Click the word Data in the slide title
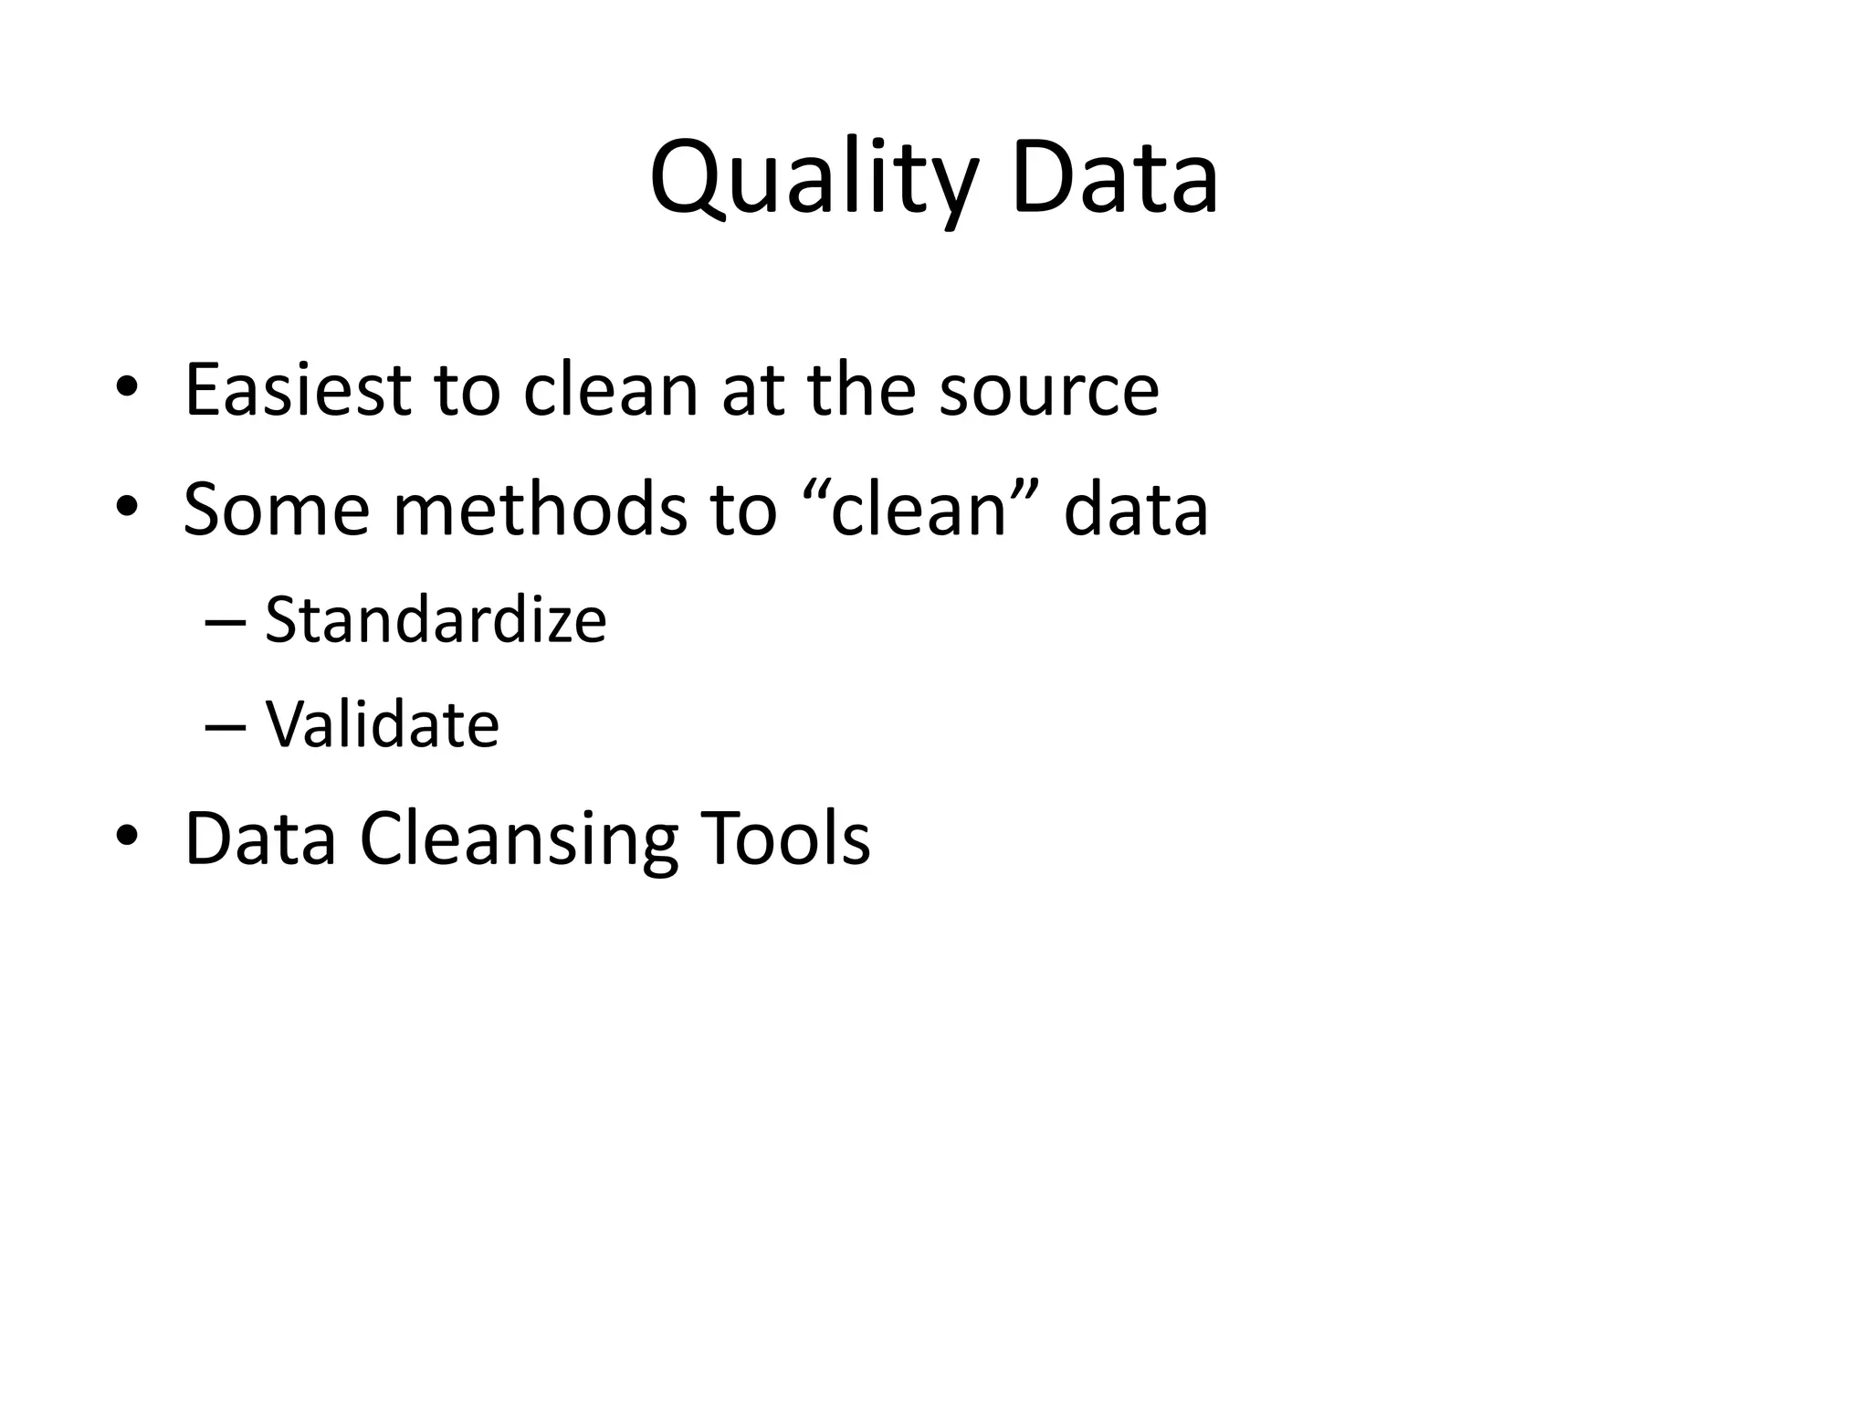(1114, 177)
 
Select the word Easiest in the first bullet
(298, 391)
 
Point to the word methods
(540, 509)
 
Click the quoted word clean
(918, 509)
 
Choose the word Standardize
(436, 620)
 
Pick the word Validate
(382, 724)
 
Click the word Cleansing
(519, 839)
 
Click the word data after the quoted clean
(1136, 509)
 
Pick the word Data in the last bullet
(260, 839)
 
